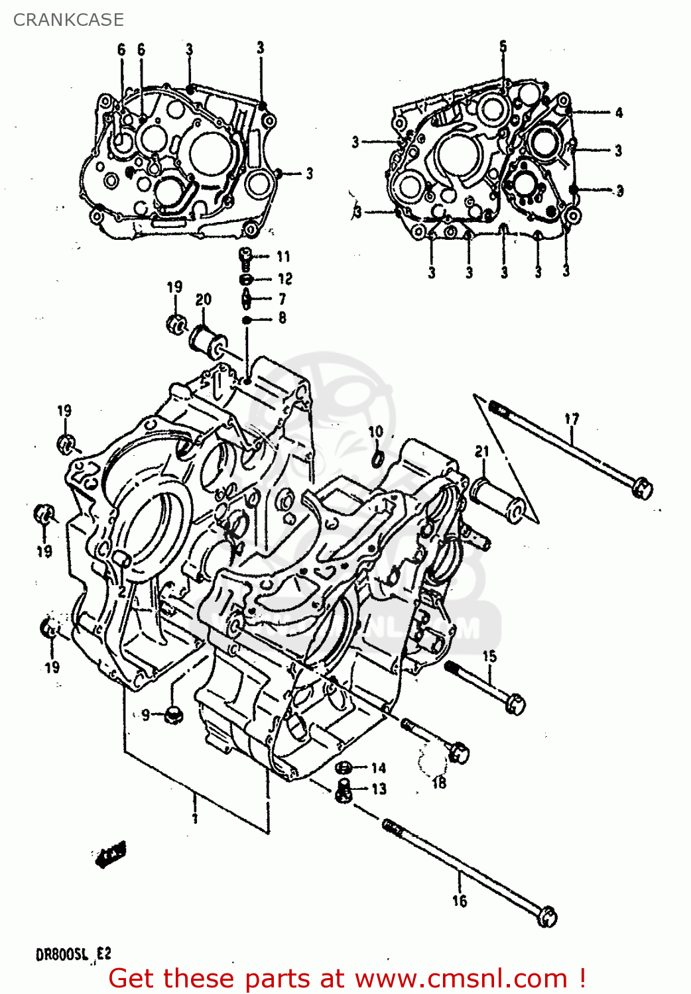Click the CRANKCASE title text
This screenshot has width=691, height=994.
point(68,20)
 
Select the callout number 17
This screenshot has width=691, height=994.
point(572,419)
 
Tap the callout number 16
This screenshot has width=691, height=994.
point(460,901)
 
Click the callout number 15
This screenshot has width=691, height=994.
point(489,656)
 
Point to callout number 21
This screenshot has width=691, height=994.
point(481,451)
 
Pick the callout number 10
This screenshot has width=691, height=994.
point(376,431)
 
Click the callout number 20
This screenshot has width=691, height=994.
point(204,299)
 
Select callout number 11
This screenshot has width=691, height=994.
point(284,256)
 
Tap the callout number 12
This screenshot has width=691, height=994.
point(284,278)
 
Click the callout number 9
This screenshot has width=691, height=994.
point(146,714)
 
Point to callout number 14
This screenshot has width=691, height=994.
point(378,768)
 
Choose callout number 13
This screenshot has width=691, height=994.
point(379,789)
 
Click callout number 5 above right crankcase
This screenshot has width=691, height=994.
point(503,46)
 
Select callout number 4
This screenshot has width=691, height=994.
point(619,112)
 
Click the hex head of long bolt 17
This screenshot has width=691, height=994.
point(641,489)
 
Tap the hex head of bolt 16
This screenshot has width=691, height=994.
point(548,917)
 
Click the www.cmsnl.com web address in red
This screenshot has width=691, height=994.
point(460,979)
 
